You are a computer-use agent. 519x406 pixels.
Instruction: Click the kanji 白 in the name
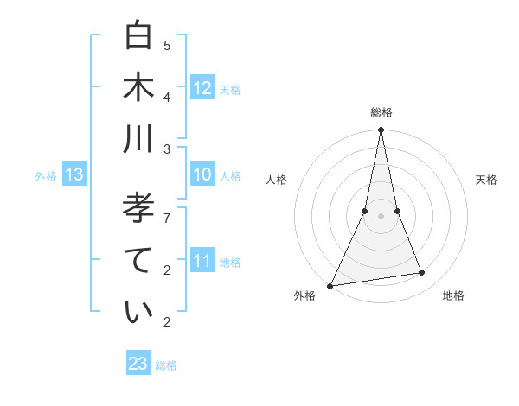coord(138,36)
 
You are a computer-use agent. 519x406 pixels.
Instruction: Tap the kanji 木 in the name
coord(138,87)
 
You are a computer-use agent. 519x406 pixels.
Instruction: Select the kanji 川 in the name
coord(138,138)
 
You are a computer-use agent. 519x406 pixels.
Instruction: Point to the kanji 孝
coord(138,209)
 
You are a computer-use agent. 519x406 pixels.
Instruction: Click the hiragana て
coord(138,260)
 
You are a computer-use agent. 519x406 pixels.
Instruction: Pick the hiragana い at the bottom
coord(138,312)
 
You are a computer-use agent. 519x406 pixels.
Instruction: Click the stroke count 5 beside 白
coord(167,45)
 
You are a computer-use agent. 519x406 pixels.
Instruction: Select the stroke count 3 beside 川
coord(167,149)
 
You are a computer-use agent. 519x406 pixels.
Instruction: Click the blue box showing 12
coord(202,88)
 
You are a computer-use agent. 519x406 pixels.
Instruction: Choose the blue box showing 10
coord(202,174)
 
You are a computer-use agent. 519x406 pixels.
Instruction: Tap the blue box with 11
coord(202,261)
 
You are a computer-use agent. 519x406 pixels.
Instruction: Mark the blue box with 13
coord(74,175)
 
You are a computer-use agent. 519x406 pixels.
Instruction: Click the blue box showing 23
coord(138,364)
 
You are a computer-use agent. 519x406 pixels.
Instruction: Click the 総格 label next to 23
coord(166,365)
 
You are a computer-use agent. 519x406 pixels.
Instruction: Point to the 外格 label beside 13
coord(46,176)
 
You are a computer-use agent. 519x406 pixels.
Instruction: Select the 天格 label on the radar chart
coord(486,180)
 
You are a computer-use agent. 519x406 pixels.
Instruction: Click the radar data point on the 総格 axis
coord(381,130)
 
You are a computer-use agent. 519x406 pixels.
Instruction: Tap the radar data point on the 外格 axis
coord(330,286)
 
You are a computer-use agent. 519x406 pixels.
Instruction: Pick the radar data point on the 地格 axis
coord(422,273)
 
